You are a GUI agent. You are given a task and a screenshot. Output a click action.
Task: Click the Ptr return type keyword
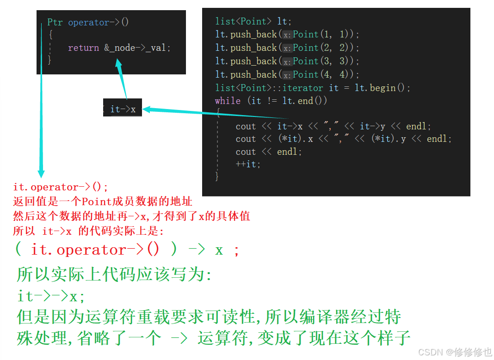click(56, 22)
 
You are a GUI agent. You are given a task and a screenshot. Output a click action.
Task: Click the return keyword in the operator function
click(83, 48)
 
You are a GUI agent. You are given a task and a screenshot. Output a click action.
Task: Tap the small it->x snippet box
click(122, 110)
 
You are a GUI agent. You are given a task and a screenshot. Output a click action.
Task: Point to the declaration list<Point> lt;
click(253, 21)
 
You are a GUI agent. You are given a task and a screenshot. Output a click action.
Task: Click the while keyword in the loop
click(228, 101)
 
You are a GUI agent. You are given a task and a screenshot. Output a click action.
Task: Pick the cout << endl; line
click(268, 152)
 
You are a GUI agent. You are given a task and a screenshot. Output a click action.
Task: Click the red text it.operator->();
click(61, 187)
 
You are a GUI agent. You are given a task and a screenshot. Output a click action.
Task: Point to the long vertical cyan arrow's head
click(41, 173)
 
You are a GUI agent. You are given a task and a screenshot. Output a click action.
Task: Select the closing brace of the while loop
click(217, 176)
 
